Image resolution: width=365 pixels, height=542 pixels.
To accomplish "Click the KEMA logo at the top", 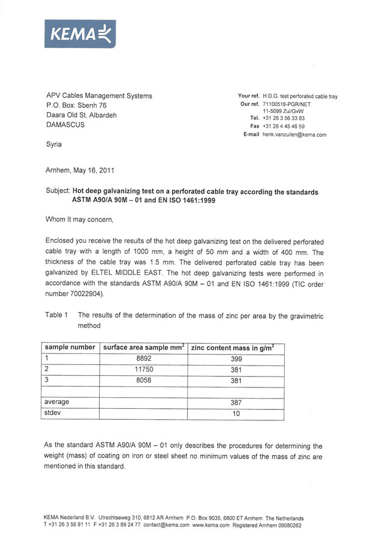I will (x=80, y=34).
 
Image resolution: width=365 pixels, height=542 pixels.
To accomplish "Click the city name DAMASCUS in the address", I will (x=66, y=125).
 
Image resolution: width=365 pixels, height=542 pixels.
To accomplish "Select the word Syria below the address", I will (x=54, y=145).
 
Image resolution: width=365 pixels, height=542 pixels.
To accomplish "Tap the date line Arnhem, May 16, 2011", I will (x=80, y=171).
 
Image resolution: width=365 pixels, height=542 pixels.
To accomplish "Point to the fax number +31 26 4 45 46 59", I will (x=283, y=126).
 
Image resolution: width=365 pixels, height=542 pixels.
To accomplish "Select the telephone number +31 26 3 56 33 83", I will (x=283, y=118).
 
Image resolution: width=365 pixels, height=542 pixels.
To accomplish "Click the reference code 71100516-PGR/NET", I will (x=291, y=105).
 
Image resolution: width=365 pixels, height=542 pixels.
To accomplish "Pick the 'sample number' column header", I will (x=69, y=347).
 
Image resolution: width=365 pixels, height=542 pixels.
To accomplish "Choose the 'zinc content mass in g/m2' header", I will (x=232, y=347).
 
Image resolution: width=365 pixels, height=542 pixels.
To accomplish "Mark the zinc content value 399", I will (x=237, y=359).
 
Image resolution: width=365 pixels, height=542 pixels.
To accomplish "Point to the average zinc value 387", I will (x=237, y=403).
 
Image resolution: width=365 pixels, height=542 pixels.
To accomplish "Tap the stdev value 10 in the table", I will (x=237, y=414).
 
